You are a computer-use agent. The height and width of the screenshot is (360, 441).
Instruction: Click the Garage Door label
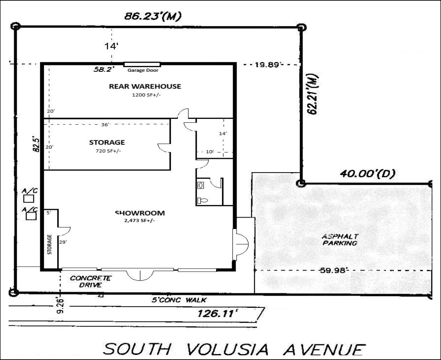(x=142, y=71)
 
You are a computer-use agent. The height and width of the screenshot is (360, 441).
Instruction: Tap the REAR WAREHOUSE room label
(x=145, y=86)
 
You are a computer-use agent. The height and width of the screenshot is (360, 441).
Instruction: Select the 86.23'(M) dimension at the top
(x=153, y=16)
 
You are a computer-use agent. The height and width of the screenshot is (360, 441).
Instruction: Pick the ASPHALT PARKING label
(x=339, y=240)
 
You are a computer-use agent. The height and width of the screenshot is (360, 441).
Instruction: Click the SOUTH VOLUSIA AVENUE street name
(x=235, y=349)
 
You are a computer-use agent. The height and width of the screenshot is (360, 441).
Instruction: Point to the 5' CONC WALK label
(x=179, y=300)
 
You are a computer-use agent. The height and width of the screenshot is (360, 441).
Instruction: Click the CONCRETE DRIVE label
(x=91, y=281)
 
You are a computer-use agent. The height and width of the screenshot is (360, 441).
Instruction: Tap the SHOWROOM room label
(x=140, y=213)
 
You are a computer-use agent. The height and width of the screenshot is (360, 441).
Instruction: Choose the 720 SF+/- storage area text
(x=107, y=151)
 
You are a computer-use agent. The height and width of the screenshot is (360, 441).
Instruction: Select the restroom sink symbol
(x=200, y=184)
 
